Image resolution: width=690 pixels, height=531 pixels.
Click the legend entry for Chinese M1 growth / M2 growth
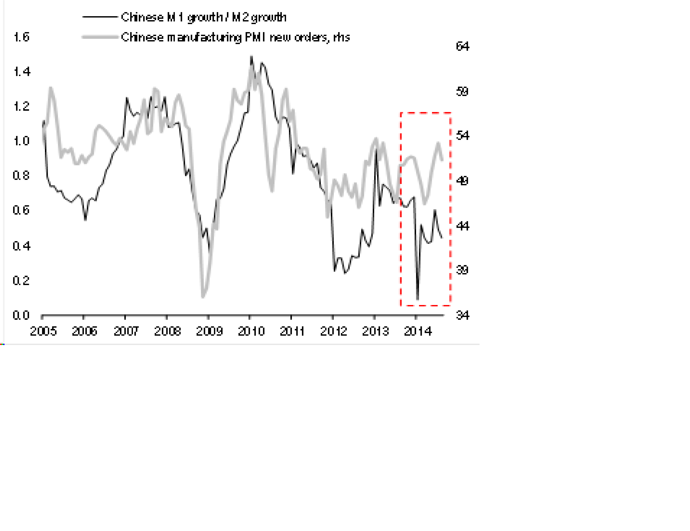pos(204,17)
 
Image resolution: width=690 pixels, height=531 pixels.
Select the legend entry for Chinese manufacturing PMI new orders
pos(235,37)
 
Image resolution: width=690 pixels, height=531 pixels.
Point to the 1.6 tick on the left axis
pos(21,37)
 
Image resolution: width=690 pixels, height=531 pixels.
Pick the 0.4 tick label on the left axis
pos(21,246)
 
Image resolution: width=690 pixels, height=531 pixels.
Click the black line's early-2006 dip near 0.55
pos(85,220)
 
